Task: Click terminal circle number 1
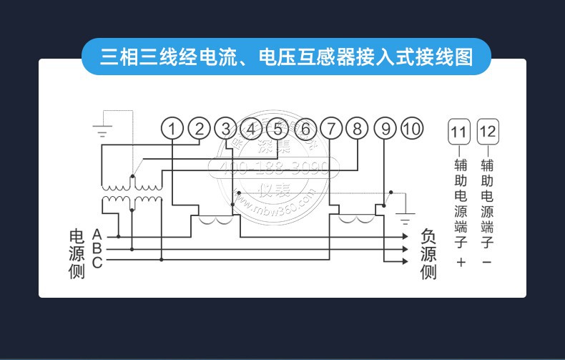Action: tap(172, 129)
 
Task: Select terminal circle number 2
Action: tap(199, 129)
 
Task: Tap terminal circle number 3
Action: tap(225, 129)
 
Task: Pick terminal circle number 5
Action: tap(278, 129)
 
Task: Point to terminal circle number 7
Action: tap(331, 129)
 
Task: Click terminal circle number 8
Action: tap(358, 129)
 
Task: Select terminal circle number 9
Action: tap(385, 129)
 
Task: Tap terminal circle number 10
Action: tap(411, 129)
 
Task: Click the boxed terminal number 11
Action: tap(460, 132)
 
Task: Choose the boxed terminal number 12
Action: tap(487, 132)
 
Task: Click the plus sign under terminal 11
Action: tap(460, 263)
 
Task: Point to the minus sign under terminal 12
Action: tap(487, 263)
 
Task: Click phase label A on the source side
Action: tap(97, 235)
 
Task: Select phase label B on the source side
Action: tap(97, 248)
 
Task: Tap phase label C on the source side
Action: tap(97, 262)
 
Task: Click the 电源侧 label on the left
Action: tap(77, 254)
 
